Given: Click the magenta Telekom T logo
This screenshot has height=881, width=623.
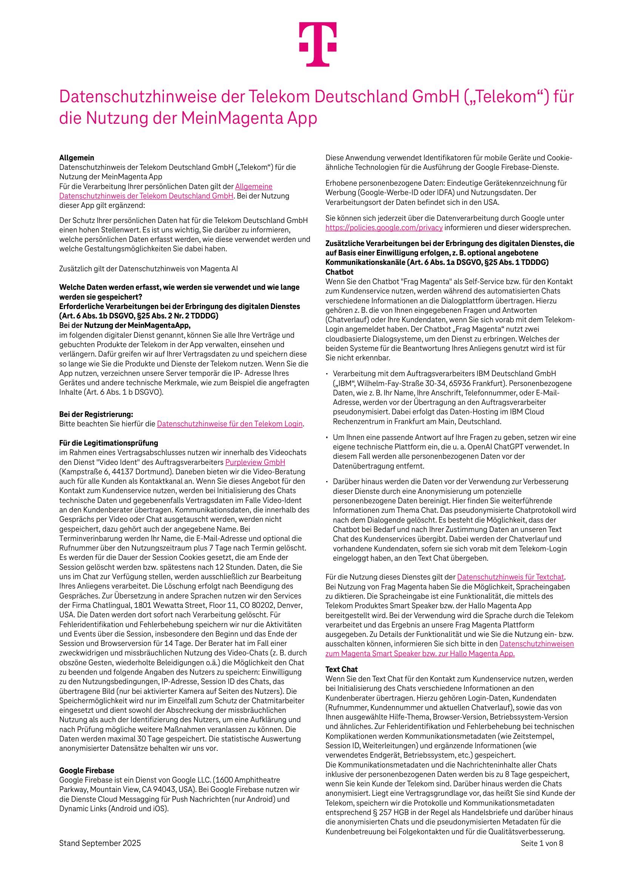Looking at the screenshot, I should [318, 44].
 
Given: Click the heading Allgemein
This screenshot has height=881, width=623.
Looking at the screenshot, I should [76, 158].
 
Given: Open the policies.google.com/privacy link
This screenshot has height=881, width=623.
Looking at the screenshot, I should [384, 228].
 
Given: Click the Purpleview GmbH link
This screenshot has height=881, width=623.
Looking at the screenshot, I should [255, 462].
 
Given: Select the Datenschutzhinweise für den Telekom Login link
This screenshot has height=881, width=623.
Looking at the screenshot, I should [230, 424].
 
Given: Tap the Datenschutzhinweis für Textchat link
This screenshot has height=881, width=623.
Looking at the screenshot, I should [510, 577].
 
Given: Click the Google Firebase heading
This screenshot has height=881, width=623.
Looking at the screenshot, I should [86, 770].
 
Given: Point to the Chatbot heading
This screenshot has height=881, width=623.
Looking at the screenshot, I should [339, 272].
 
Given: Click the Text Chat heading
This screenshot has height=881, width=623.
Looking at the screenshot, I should [341, 669].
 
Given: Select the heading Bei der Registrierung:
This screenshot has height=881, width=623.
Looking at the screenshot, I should [96, 414].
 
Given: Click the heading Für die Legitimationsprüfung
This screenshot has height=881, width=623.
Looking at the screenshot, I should [108, 443].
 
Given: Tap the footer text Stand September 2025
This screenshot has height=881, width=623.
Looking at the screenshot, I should [100, 843].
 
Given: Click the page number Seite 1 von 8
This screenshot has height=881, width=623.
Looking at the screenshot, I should [541, 843].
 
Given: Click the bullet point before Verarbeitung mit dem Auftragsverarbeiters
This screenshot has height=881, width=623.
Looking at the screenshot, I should [327, 374].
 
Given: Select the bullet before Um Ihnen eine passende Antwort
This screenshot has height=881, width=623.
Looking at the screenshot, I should [327, 437].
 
